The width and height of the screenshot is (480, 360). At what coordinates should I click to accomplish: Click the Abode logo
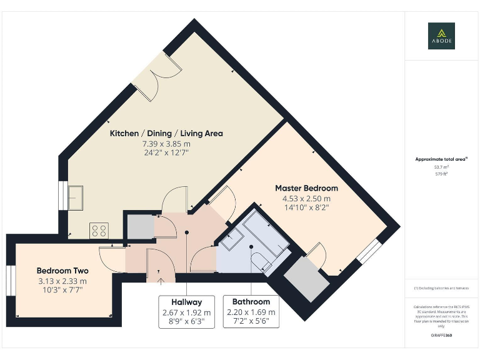pyautogui.click(x=441, y=36)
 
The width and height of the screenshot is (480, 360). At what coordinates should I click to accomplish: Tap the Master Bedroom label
pyautogui.click(x=306, y=188)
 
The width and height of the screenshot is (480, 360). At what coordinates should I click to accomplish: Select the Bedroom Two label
pyautogui.click(x=62, y=271)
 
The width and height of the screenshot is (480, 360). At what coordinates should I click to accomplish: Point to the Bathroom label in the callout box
pyautogui.click(x=251, y=302)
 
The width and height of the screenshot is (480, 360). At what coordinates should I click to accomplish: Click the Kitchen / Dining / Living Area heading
pyautogui.click(x=166, y=133)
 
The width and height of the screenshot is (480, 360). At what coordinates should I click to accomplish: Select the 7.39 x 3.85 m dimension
pyautogui.click(x=166, y=143)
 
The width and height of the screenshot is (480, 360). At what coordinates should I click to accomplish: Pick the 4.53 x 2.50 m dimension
pyautogui.click(x=306, y=199)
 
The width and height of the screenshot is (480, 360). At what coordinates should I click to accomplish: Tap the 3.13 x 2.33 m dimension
pyautogui.click(x=62, y=281)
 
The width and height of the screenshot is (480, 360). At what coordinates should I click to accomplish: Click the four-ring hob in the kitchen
pyautogui.click(x=99, y=231)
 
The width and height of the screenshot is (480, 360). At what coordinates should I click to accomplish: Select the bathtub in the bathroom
pyautogui.click(x=266, y=232)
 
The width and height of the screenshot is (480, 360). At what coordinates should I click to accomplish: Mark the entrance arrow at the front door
pyautogui.click(x=159, y=281)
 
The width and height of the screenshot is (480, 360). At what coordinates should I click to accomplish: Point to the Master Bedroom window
pyautogui.click(x=368, y=251)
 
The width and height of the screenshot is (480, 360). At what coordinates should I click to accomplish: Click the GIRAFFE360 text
pyautogui.click(x=441, y=336)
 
